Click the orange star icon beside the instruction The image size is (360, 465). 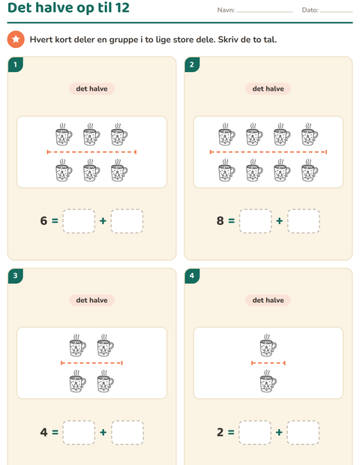pyautogui.click(x=16, y=39)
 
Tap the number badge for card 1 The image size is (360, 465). pyautogui.click(x=16, y=64)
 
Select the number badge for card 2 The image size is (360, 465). pyautogui.click(x=192, y=64)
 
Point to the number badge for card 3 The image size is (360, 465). pyautogui.click(x=16, y=276)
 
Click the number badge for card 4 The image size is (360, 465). pyautogui.click(x=192, y=276)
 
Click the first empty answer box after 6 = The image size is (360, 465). pyautogui.click(x=79, y=221)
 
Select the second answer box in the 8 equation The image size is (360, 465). pyautogui.click(x=303, y=221)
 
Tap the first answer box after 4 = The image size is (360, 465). pyautogui.click(x=79, y=433)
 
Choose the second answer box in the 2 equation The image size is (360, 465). pyautogui.click(x=303, y=433)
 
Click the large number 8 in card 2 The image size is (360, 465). pyautogui.click(x=220, y=221)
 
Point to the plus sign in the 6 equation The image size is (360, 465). pyautogui.click(x=103, y=221)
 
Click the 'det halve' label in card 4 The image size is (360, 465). pyautogui.click(x=268, y=300)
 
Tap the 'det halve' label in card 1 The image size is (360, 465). pyautogui.click(x=91, y=88)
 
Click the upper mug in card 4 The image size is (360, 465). pyautogui.click(x=268, y=346)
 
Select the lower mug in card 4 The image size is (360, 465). pyautogui.click(x=268, y=381)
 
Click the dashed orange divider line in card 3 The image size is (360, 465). pyautogui.click(x=91, y=363)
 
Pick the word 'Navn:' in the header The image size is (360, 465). pyautogui.click(x=226, y=10)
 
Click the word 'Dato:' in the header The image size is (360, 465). pyautogui.click(x=310, y=10)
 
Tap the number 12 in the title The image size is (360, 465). pyautogui.click(x=122, y=7)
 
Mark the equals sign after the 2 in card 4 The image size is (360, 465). pyautogui.click(x=231, y=433)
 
